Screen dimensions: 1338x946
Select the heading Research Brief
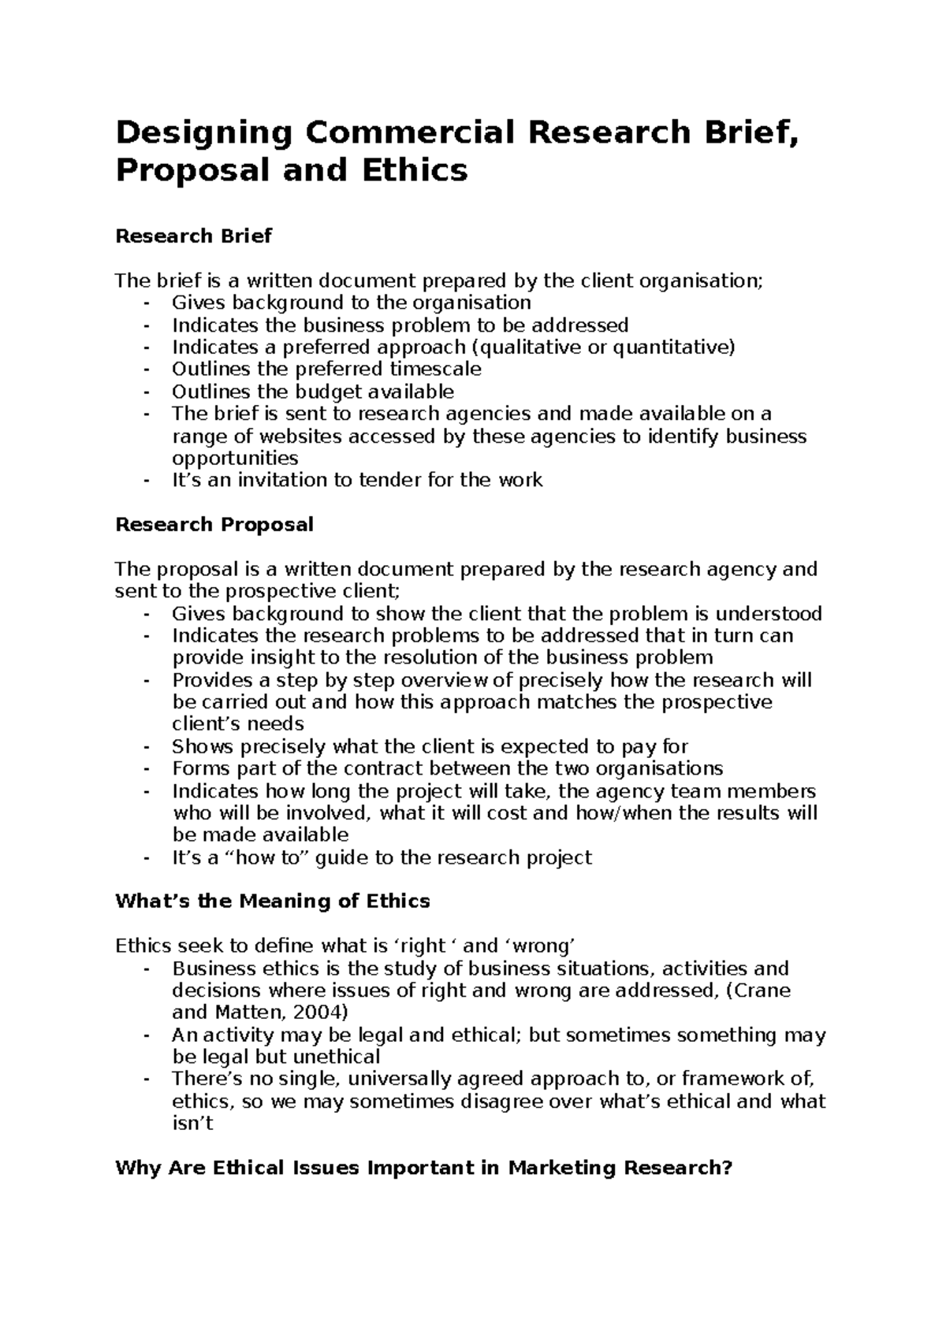tap(193, 236)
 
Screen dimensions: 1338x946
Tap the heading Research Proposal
tap(214, 524)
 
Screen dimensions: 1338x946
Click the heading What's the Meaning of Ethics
tap(273, 901)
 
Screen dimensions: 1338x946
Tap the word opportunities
tap(235, 458)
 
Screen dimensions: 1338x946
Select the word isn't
tap(192, 1123)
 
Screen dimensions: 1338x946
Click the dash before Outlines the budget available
tap(146, 392)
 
